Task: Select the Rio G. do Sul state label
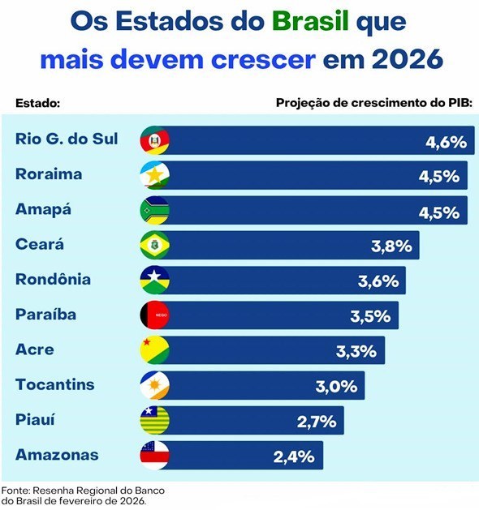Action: [67, 139]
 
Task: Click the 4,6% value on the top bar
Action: [446, 143]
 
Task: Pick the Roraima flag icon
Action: [154, 175]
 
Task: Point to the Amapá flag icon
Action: [154, 210]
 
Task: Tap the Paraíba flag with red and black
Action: [154, 315]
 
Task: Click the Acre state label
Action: [34, 349]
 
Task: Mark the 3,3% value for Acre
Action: [356, 351]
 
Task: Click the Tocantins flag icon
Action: [154, 385]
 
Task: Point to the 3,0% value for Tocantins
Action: [336, 386]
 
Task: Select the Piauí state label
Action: [37, 419]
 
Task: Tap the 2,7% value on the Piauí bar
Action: [316, 421]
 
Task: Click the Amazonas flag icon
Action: [154, 455]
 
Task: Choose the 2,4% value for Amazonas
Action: [294, 456]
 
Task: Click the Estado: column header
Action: [39, 104]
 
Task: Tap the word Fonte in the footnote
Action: [15, 491]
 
